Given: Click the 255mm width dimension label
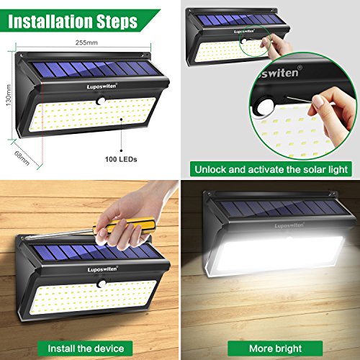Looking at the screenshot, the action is click(x=86, y=42).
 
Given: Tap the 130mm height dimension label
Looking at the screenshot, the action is click(x=9, y=95).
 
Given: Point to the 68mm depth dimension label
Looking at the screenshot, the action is click(x=22, y=158).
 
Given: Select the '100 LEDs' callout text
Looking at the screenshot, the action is click(x=121, y=159).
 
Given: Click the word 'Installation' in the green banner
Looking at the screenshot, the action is click(x=50, y=22).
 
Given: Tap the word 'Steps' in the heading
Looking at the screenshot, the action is click(x=117, y=22).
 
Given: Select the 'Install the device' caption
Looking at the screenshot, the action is click(x=86, y=348).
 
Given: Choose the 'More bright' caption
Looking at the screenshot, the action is click(x=275, y=348).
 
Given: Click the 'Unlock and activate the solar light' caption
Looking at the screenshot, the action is click(x=271, y=169).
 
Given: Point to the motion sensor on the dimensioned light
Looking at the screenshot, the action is click(x=100, y=101).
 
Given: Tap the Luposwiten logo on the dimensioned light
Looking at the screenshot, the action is click(x=102, y=86).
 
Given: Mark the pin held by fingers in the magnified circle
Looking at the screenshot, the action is click(x=299, y=100).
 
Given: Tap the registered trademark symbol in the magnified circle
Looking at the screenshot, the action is click(x=300, y=68).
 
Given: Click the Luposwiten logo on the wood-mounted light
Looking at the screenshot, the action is click(x=102, y=269).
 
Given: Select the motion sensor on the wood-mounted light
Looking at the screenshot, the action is click(x=101, y=284).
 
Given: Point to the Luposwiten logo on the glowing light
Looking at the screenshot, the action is click(x=289, y=225).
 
